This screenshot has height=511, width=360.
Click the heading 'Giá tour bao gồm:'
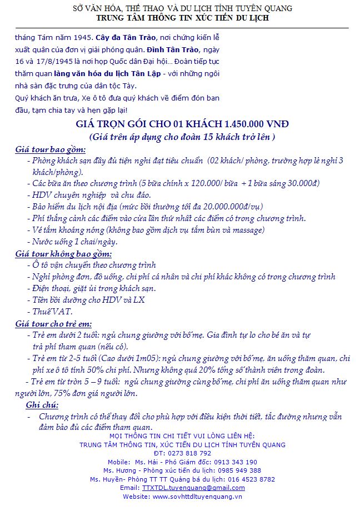[x=51, y=150]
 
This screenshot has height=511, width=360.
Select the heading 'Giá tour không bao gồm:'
[x=63, y=254]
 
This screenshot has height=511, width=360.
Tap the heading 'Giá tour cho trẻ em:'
[x=54, y=324]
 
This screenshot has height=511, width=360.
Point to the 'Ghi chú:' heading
[x=42, y=405]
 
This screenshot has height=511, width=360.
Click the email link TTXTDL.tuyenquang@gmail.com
[x=193, y=488]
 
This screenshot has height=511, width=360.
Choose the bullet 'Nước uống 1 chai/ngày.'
[x=75, y=242]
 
